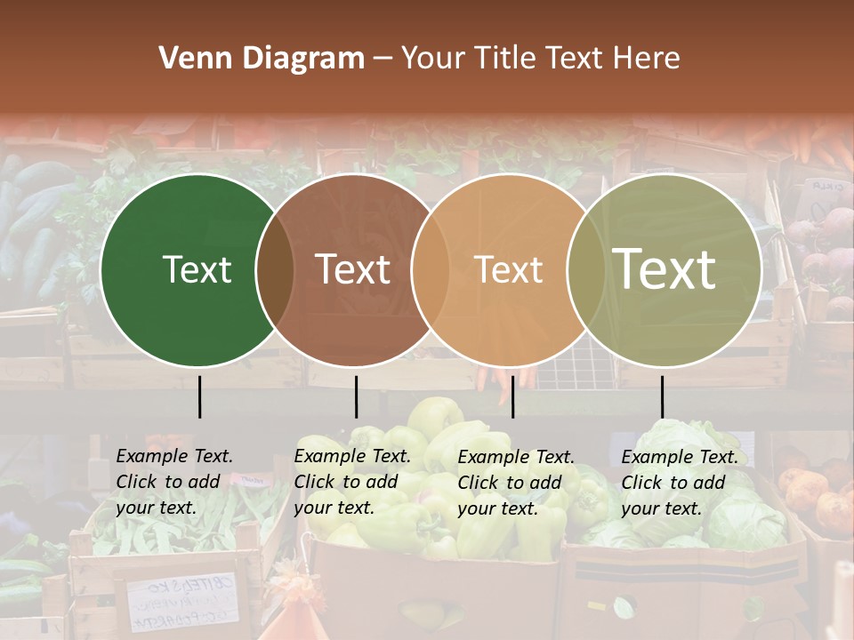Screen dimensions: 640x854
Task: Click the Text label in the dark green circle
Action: (197, 270)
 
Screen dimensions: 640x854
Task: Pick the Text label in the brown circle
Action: (353, 270)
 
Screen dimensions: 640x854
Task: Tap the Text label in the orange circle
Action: (508, 270)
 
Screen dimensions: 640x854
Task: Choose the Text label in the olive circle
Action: (665, 268)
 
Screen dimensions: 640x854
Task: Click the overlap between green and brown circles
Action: (275, 270)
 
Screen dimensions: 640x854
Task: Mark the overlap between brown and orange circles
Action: (431, 270)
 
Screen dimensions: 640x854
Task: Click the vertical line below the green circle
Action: (200, 396)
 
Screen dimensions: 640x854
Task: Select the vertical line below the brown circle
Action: (356, 396)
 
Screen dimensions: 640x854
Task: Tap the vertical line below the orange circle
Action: (513, 396)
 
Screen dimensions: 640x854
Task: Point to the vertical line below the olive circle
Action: (662, 396)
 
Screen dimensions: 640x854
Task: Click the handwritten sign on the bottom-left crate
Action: (182, 602)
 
